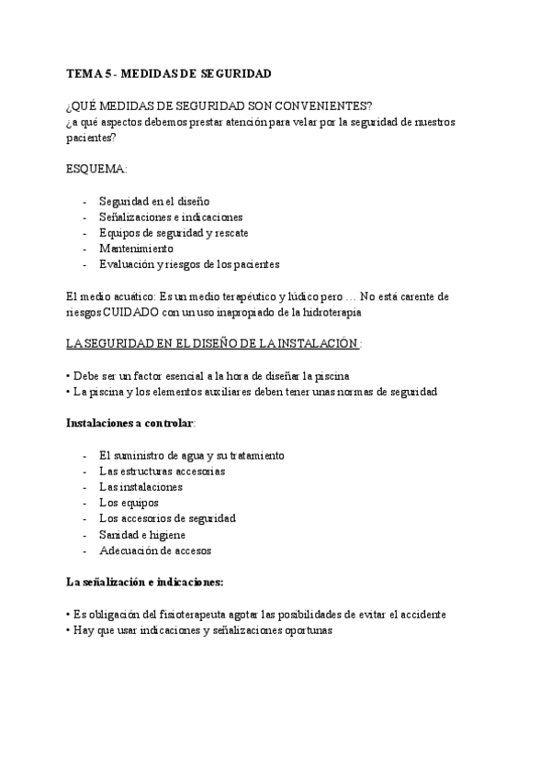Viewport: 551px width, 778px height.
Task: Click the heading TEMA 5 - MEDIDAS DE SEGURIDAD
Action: [169, 72]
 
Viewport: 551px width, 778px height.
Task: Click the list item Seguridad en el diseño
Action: [154, 201]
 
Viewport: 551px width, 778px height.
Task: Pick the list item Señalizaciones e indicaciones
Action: [171, 217]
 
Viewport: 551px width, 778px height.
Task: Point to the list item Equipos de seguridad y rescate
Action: [173, 233]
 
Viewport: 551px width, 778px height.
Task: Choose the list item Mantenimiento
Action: [136, 249]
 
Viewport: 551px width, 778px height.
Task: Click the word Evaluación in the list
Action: [127, 264]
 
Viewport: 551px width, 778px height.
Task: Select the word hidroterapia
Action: [332, 312]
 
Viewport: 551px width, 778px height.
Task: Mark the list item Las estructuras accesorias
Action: [162, 471]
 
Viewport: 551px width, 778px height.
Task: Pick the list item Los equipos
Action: [129, 503]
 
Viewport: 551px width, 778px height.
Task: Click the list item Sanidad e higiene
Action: [142, 535]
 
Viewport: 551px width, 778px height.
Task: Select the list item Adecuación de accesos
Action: [155, 550]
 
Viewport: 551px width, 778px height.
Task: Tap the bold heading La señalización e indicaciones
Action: [145, 583]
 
